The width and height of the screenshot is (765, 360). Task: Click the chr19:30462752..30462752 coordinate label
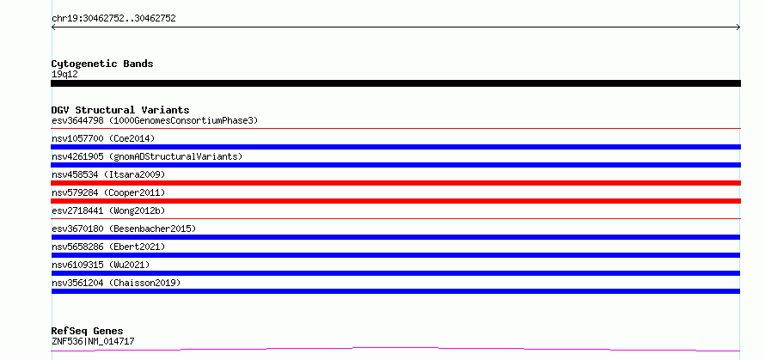pyautogui.click(x=113, y=19)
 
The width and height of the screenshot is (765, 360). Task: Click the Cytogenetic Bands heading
pyautogui.click(x=102, y=64)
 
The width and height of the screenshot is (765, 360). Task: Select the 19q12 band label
pyautogui.click(x=64, y=75)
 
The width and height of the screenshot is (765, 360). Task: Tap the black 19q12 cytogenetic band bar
pyautogui.click(x=395, y=83)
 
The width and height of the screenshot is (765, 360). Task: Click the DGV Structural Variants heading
pyautogui.click(x=120, y=110)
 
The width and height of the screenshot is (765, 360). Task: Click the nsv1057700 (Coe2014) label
pyautogui.click(x=103, y=138)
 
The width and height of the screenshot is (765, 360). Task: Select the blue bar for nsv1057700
pyautogui.click(x=395, y=147)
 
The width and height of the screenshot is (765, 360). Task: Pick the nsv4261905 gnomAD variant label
pyautogui.click(x=147, y=156)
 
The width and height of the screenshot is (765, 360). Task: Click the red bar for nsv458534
pyautogui.click(x=395, y=183)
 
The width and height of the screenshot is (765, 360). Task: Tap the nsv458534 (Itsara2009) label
pyautogui.click(x=108, y=174)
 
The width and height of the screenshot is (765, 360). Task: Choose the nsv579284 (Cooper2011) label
pyautogui.click(x=108, y=192)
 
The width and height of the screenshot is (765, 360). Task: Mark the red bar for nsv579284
pyautogui.click(x=395, y=201)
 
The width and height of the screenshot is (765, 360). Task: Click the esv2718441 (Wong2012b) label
pyautogui.click(x=108, y=211)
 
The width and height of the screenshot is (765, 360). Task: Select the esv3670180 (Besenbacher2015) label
pyautogui.click(x=124, y=229)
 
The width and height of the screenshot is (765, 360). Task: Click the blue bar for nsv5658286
pyautogui.click(x=395, y=255)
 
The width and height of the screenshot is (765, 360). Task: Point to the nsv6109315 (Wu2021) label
pyautogui.click(x=101, y=265)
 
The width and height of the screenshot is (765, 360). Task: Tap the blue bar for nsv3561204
pyautogui.click(x=395, y=291)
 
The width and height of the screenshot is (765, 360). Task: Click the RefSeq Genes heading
pyautogui.click(x=88, y=332)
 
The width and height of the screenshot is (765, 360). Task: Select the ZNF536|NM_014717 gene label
pyautogui.click(x=93, y=341)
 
